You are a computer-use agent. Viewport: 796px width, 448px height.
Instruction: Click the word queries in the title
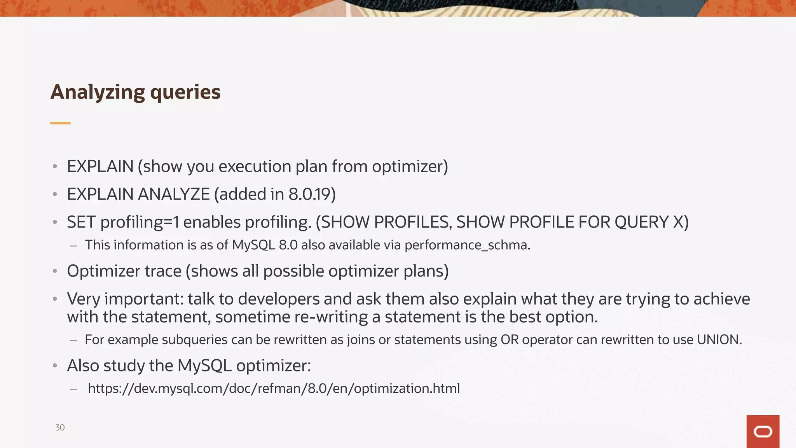185,93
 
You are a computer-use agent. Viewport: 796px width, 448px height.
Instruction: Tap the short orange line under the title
60,123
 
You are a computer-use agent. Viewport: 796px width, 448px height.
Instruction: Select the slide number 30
60,427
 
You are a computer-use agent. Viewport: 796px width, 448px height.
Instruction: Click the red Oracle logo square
763,431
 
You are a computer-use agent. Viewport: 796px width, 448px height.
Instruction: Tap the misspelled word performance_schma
466,245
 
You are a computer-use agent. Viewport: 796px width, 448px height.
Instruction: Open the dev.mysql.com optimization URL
274,388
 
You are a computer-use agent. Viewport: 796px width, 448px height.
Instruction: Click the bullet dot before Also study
55,366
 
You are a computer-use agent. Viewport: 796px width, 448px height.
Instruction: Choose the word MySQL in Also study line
204,366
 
